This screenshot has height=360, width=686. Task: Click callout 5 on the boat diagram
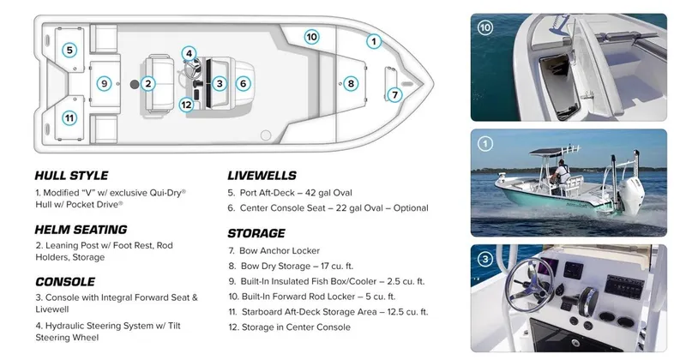(69, 50)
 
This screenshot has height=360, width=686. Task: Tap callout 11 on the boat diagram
(69, 117)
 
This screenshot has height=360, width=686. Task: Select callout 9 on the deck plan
(104, 83)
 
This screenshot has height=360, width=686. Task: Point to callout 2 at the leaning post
(148, 83)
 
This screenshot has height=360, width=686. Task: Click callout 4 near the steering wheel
(189, 53)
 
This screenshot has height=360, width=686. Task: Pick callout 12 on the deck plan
(186, 105)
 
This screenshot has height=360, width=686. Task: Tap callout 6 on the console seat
(244, 83)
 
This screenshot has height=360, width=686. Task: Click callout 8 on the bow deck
(350, 83)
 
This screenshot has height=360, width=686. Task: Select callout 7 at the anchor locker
(394, 94)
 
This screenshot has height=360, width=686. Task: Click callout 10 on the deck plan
(311, 37)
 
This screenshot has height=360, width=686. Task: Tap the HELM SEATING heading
(81, 230)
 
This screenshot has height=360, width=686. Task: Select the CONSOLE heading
(66, 281)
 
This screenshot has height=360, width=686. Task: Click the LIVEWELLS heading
(262, 175)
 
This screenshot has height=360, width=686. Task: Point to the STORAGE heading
(256, 232)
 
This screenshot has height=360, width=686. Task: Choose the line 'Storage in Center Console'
(289, 327)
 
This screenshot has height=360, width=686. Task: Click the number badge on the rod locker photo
(486, 27)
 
